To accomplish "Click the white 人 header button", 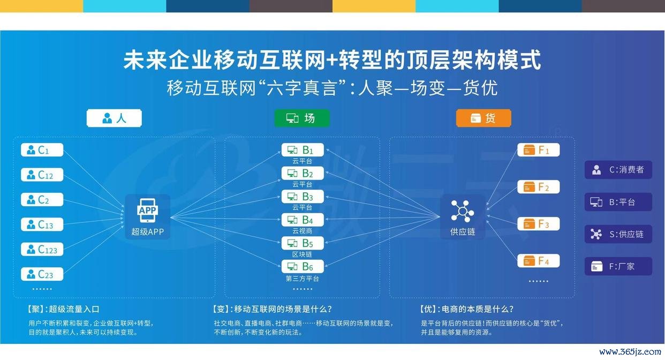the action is tap(114, 118).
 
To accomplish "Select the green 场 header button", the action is tap(302, 118).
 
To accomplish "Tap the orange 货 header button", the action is tap(483, 118).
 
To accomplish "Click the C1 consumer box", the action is tap(42, 149).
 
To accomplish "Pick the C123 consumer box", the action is tap(42, 249).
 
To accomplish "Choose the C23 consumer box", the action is tap(42, 274).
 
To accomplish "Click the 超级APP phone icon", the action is tap(148, 211).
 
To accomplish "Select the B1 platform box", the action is tap(303, 150).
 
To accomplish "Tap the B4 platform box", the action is tap(303, 220).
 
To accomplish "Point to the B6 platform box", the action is tap(303, 266).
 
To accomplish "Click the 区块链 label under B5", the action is tap(302, 254).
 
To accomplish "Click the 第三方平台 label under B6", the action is tap(302, 279).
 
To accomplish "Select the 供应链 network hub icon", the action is tap(462, 211).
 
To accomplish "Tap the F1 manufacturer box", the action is tap(539, 150).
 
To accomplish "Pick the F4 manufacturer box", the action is tap(539, 261).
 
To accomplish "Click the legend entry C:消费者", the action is tap(618, 170).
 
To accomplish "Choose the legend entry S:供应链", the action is tap(618, 234).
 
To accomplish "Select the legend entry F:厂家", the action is tap(618, 266).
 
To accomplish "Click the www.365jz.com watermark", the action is tap(630, 352).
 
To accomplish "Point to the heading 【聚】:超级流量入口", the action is tap(63, 309).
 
